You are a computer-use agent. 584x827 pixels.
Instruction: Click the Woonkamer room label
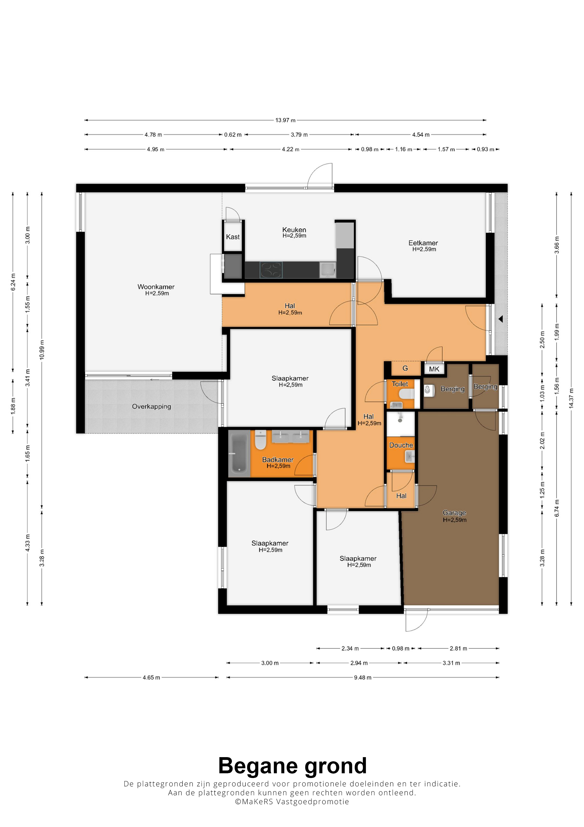pos(156,287)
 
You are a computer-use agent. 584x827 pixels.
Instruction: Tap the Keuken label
pos(294,230)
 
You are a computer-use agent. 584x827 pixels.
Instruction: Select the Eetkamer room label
pos(423,243)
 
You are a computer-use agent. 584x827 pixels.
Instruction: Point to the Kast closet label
pos(233,237)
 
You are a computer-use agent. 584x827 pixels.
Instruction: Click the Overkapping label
pos(152,407)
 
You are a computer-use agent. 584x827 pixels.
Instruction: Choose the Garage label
pos(454,512)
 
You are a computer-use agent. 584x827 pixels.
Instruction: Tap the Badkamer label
pos(278,460)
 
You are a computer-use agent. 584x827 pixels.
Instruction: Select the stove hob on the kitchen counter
pos(271,270)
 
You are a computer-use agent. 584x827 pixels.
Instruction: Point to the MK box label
pos(434,369)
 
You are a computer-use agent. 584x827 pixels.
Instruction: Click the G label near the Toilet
pos(405,368)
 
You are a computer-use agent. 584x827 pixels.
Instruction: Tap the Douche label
pos(401,445)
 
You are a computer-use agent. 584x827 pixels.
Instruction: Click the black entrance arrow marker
pos(501,319)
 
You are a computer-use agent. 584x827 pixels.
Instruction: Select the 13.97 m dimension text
pos(285,120)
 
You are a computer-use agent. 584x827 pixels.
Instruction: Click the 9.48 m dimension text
pos(362,678)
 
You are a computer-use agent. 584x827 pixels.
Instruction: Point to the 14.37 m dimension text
pos(571,398)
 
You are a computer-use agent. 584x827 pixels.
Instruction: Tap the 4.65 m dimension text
pos(151,678)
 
